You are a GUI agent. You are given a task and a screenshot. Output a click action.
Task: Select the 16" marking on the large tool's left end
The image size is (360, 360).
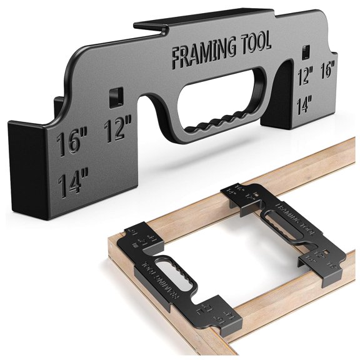click(x=74, y=142)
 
